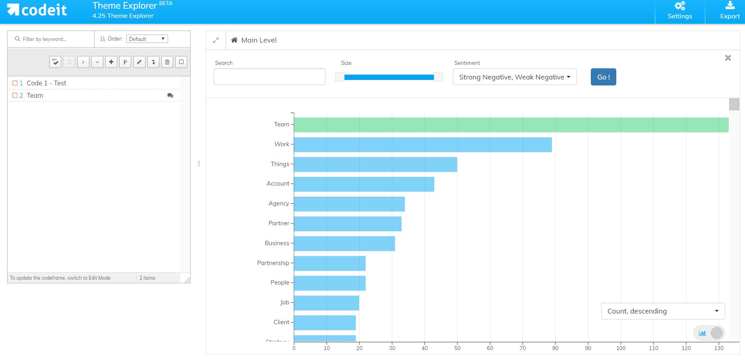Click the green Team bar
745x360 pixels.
pyautogui.click(x=511, y=125)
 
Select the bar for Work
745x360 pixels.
pyautogui.click(x=423, y=145)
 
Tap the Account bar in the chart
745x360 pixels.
pyautogui.click(x=364, y=184)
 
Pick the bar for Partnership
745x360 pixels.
pyautogui.click(x=330, y=263)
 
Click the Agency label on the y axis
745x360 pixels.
pyautogui.click(x=279, y=203)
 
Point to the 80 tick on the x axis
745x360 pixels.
pyautogui.click(x=555, y=348)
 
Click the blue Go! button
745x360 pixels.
pyautogui.click(x=603, y=77)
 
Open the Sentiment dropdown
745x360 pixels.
pyautogui.click(x=515, y=77)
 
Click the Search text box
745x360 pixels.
pyautogui.click(x=269, y=77)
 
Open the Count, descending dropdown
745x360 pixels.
pyautogui.click(x=663, y=311)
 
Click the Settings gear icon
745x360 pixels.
pyautogui.click(x=680, y=6)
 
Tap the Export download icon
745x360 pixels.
pyautogui.click(x=730, y=5)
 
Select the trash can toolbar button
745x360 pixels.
pyautogui.click(x=167, y=62)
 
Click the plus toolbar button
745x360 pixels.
pyautogui.click(x=111, y=62)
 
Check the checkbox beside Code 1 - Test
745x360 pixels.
pyautogui.click(x=15, y=83)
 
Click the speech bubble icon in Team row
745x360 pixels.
pyautogui.click(x=170, y=95)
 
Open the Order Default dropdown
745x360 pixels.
pyautogui.click(x=147, y=39)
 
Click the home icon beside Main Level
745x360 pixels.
pyautogui.click(x=234, y=40)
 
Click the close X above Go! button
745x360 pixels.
pyautogui.click(x=728, y=58)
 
